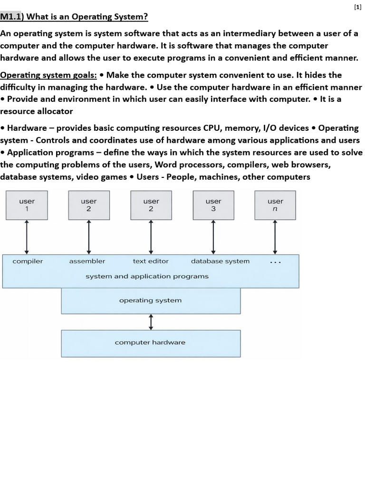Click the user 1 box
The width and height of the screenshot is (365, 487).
tap(27, 205)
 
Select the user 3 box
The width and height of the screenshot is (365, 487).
tap(213, 205)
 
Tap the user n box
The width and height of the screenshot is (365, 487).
tap(275, 205)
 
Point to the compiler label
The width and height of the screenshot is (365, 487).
tap(28, 261)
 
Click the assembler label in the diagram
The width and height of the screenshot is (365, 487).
tap(87, 261)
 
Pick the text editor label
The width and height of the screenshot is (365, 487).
tap(151, 261)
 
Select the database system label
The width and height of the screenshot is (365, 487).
tap(221, 261)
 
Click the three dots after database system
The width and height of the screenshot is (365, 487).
tap(275, 263)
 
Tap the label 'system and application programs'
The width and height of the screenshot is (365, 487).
tap(147, 276)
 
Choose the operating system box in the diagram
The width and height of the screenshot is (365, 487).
tap(151, 301)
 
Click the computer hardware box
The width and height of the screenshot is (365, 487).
tap(151, 343)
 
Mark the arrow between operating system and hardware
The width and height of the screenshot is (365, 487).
tap(151, 322)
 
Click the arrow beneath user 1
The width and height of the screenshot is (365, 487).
tap(27, 237)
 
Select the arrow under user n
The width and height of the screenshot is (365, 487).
tap(275, 237)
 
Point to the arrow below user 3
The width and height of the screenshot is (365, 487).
tap(213, 237)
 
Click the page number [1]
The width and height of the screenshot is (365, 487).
tap(357, 8)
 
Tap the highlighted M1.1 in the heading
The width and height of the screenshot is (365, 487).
tap(10, 17)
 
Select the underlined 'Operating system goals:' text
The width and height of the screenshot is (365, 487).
tap(48, 75)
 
